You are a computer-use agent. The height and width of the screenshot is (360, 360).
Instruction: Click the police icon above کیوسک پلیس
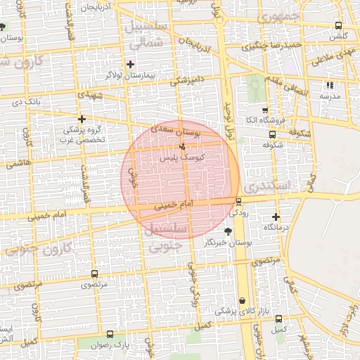click(183, 147)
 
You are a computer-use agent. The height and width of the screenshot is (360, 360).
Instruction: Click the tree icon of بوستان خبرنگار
click(227, 231)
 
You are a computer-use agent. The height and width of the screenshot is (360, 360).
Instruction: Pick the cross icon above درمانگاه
click(276, 217)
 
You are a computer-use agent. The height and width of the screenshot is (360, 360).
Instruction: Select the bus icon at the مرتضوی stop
click(95, 274)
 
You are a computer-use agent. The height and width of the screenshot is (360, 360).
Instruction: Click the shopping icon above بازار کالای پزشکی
click(243, 300)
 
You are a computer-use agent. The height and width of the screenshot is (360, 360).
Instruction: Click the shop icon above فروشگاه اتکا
click(264, 110)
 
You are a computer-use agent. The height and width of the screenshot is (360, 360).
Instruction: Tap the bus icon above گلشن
click(339, 26)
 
